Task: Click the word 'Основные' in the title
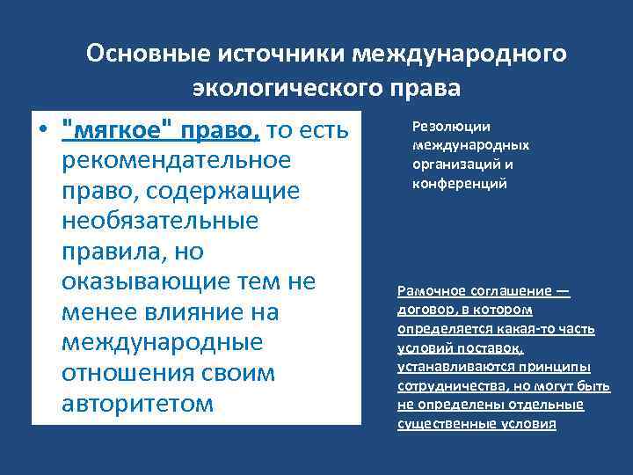point(142,55)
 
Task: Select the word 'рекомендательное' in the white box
point(176,161)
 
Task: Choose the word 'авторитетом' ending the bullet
point(137,403)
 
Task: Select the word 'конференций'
point(459,184)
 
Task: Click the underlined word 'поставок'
point(494,347)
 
